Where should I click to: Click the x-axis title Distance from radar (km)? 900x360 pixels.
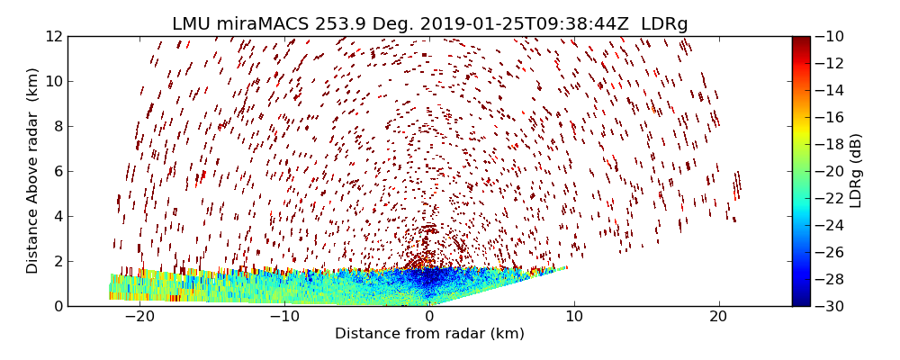(429, 334)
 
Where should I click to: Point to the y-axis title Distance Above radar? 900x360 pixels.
(33, 170)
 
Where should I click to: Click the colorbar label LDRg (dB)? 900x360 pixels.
(856, 170)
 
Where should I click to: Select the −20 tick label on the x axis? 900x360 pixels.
(139, 317)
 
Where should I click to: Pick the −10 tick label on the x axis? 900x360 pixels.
(284, 317)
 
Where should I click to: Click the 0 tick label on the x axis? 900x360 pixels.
(429, 317)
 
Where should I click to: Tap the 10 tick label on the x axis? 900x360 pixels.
(574, 317)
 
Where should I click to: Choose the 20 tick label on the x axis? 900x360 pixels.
(718, 317)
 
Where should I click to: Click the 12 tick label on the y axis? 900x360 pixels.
(54, 36)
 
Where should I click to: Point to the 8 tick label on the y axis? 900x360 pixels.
(57, 126)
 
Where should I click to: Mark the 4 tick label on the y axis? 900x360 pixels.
(57, 216)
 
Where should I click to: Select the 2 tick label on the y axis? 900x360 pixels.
(57, 261)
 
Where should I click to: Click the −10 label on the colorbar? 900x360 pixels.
(828, 36)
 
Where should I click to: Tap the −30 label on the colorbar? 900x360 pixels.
(828, 306)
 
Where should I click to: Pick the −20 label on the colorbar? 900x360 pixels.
(828, 171)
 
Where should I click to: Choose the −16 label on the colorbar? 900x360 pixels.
(828, 117)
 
